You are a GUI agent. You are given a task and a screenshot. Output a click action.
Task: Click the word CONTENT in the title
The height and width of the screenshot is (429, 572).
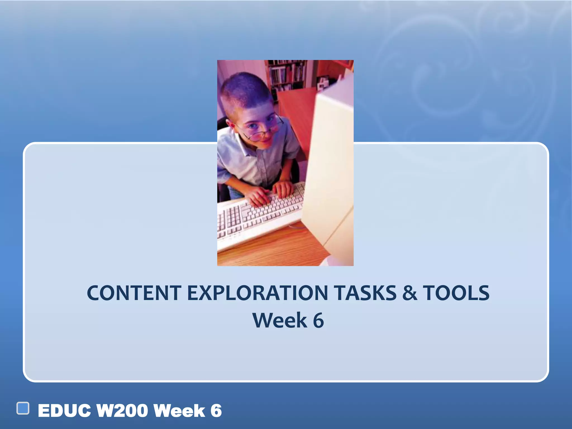pyautogui.click(x=134, y=293)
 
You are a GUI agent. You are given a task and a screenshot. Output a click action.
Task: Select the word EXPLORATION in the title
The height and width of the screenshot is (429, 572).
pyautogui.click(x=257, y=293)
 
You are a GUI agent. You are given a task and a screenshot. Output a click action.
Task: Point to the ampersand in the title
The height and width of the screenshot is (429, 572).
pyautogui.click(x=409, y=293)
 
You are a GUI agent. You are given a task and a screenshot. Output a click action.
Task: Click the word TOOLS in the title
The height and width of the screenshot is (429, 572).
pyautogui.click(x=456, y=293)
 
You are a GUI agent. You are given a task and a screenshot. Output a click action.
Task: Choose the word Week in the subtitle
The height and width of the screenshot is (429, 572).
pyautogui.click(x=280, y=320)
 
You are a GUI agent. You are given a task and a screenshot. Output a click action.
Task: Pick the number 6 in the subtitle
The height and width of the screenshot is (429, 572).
pyautogui.click(x=318, y=320)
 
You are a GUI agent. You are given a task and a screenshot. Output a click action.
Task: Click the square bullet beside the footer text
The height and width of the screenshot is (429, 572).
pyautogui.click(x=23, y=408)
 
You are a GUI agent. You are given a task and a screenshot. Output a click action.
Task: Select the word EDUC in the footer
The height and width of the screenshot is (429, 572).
pyautogui.click(x=64, y=411)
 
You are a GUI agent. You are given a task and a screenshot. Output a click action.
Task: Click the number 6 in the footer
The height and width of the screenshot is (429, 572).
pyautogui.click(x=216, y=411)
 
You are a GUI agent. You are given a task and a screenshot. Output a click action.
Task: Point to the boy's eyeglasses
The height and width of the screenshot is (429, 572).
pyautogui.click(x=263, y=130)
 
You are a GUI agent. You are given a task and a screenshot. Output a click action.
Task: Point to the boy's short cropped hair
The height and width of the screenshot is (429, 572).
pyautogui.click(x=246, y=89)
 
